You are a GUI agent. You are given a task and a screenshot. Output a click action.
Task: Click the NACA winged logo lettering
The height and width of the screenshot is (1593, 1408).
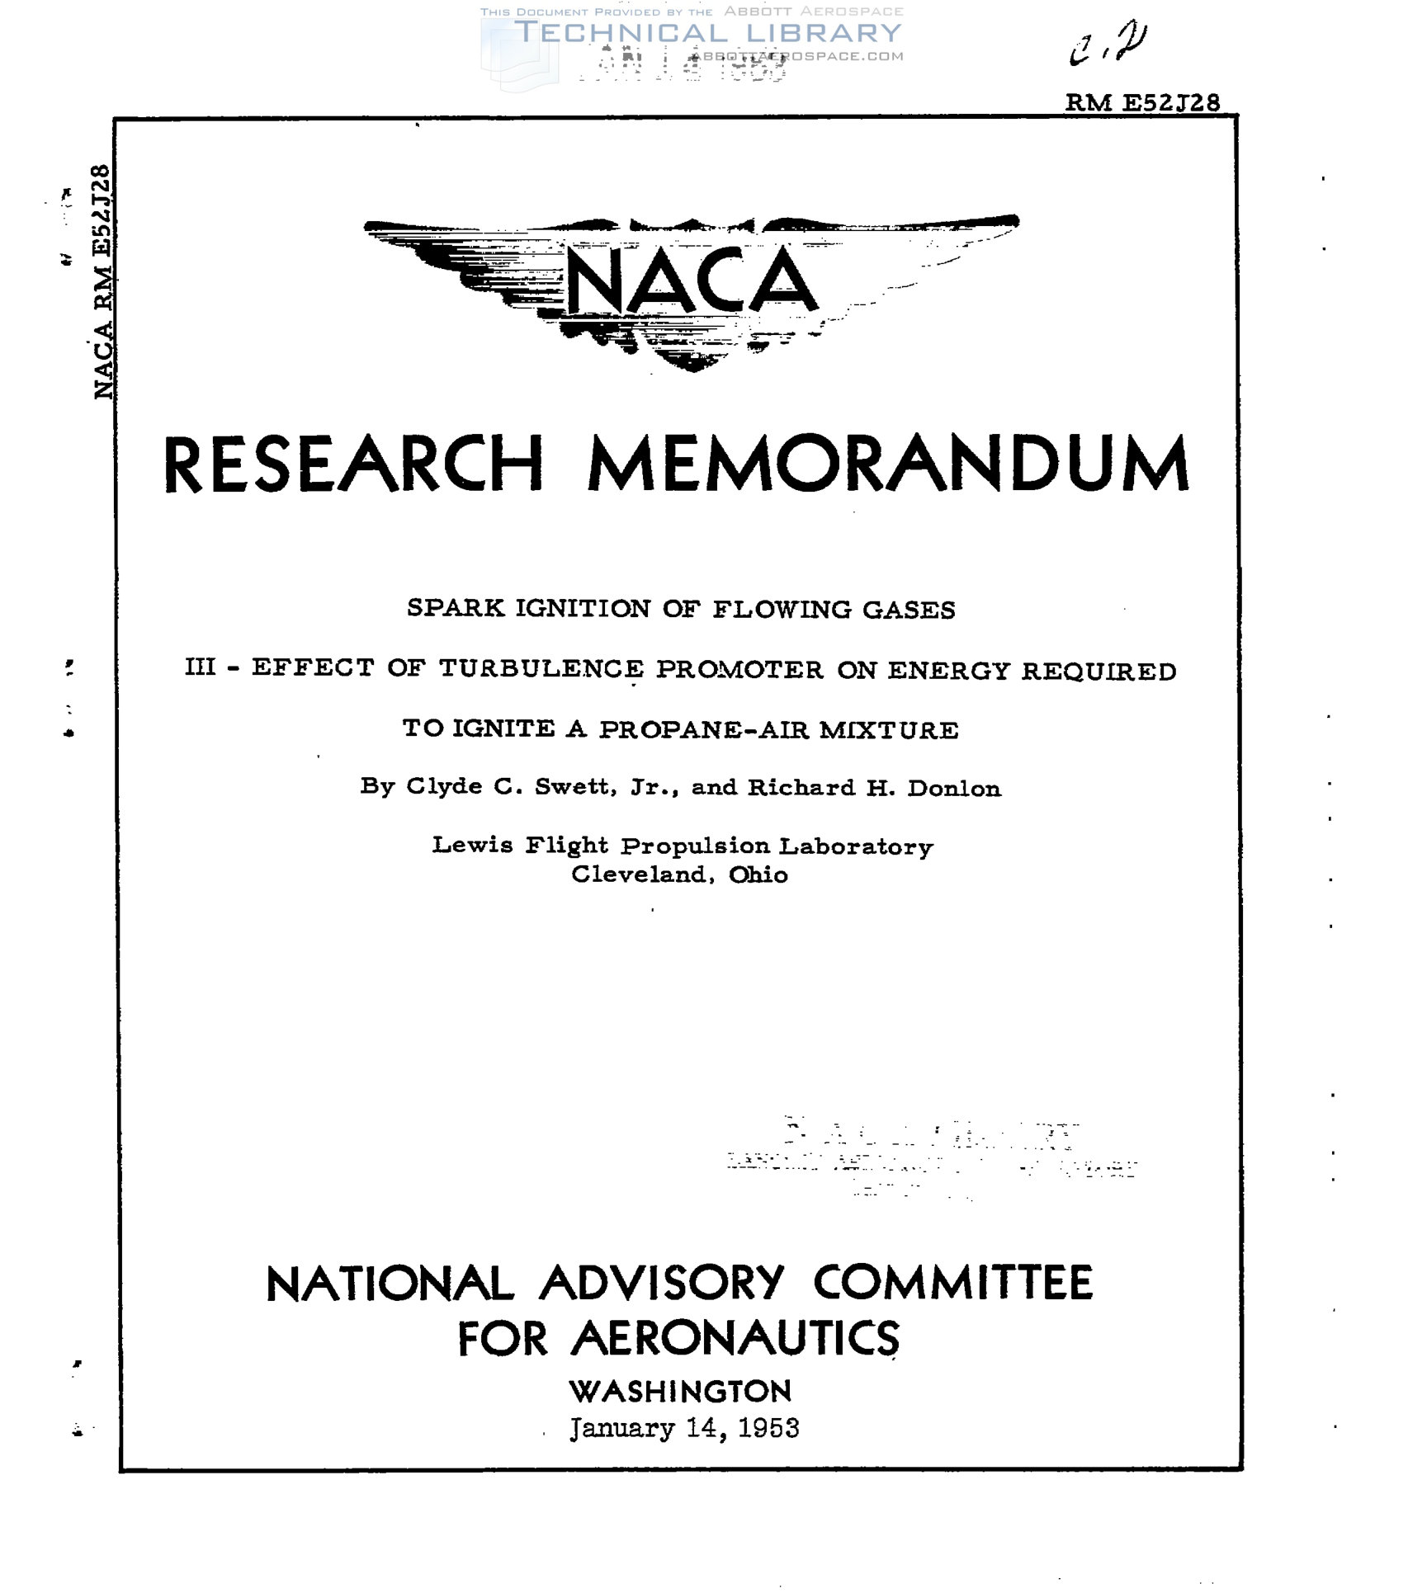[692, 282]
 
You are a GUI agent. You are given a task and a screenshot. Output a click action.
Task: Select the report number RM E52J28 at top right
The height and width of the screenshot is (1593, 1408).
[1142, 103]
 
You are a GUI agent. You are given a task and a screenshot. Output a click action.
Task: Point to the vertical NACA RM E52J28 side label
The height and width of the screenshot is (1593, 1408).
[102, 282]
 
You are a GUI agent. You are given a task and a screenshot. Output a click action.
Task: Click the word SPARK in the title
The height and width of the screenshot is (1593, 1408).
[455, 608]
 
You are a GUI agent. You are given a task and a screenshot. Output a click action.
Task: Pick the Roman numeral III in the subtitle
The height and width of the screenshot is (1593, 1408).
[200, 667]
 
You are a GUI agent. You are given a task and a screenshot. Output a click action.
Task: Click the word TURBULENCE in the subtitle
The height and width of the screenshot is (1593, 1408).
[541, 668]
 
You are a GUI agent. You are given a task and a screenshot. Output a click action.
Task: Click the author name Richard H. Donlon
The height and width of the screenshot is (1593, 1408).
[874, 789]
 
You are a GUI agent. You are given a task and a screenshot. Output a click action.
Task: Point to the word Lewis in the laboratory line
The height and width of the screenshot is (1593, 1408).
[473, 845]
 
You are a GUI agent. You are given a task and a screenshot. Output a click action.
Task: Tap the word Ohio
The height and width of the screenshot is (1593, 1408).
[758, 874]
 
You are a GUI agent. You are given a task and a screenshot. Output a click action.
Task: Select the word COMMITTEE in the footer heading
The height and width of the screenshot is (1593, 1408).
[953, 1283]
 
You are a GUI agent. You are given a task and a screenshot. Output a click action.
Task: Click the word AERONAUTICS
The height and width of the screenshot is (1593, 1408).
[735, 1338]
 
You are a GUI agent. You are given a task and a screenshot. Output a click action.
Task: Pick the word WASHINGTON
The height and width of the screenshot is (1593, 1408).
[681, 1392]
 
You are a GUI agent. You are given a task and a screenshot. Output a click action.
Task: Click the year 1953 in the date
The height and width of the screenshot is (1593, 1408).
[768, 1429]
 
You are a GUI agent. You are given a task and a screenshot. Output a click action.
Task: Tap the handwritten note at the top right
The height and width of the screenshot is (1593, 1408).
[1108, 45]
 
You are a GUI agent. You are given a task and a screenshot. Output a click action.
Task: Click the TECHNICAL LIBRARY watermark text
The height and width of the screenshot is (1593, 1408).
[708, 33]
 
